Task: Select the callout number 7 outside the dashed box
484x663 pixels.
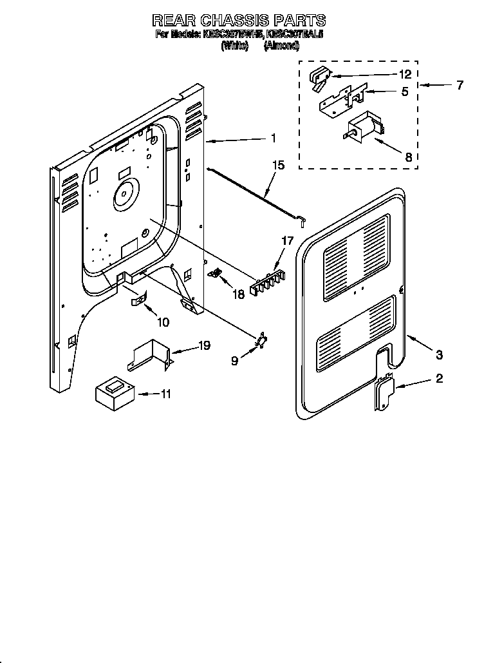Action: pyautogui.click(x=459, y=85)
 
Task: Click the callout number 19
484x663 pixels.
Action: pyautogui.click(x=205, y=346)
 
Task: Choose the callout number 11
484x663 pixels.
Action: pyautogui.click(x=166, y=394)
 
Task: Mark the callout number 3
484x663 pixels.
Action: pyautogui.click(x=438, y=354)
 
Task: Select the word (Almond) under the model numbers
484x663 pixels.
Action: pyautogui.click(x=281, y=46)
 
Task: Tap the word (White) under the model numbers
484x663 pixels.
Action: pyautogui.click(x=234, y=46)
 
